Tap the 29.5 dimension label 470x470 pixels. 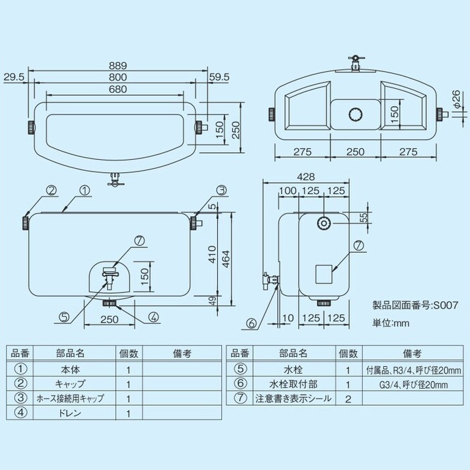click(14, 77)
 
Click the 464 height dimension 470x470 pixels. click(234, 259)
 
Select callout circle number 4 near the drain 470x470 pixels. click(153, 317)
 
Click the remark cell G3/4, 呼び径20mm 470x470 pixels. click(412, 384)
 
